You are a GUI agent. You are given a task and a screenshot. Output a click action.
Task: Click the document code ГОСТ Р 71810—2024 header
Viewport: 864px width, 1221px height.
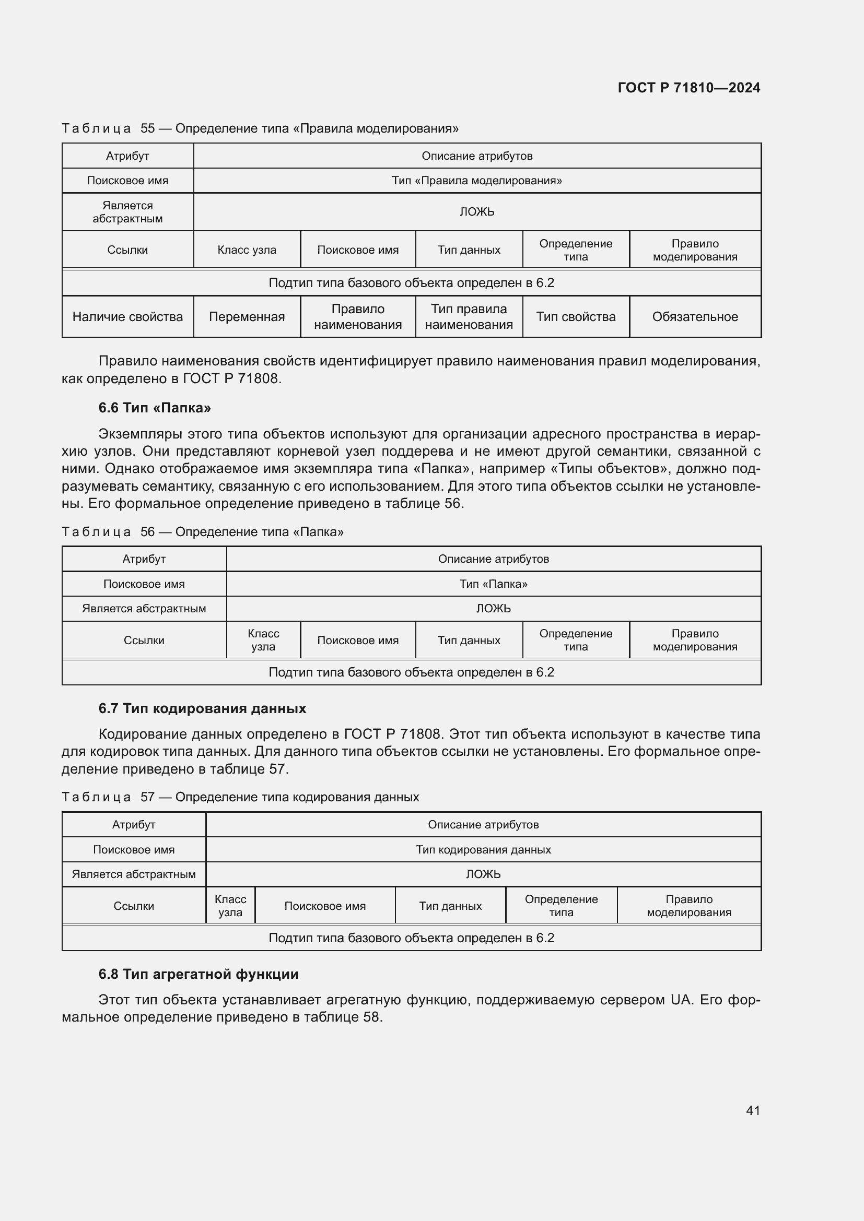(688, 88)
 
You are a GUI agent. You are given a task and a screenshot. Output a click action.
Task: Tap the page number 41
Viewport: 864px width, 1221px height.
(753, 1110)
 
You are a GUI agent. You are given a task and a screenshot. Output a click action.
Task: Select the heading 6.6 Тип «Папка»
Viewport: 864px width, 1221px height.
(154, 408)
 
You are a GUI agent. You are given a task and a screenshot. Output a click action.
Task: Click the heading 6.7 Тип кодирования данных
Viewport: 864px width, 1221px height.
(202, 708)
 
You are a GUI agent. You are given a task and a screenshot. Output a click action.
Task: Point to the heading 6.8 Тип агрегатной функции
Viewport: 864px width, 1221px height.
(199, 974)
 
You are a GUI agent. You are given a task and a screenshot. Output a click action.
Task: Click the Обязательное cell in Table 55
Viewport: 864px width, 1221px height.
(695, 317)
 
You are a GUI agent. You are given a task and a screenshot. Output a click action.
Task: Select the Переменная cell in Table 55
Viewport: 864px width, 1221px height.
(247, 317)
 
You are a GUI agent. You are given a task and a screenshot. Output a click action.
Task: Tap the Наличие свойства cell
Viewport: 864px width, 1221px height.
(127, 317)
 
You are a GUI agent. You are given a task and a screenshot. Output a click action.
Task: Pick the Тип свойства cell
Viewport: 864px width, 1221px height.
(576, 317)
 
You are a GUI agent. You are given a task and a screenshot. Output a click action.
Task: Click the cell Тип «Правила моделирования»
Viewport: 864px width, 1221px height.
(477, 181)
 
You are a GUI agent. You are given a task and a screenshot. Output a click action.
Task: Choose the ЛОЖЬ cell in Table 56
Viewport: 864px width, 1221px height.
(493, 608)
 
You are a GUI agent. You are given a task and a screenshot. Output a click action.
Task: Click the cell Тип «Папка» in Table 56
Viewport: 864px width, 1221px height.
(493, 584)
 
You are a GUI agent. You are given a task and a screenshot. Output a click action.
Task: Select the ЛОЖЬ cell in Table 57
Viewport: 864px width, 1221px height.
(483, 874)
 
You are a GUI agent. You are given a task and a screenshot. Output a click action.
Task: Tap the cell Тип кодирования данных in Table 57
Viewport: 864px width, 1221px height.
(483, 850)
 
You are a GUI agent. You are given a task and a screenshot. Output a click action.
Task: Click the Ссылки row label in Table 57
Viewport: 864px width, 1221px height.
(134, 906)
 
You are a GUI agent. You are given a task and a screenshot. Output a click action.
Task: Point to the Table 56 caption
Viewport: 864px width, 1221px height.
(202, 532)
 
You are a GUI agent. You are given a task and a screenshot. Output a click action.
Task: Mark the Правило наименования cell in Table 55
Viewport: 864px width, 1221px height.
(357, 317)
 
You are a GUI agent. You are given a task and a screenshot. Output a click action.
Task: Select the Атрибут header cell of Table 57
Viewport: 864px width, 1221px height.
(134, 825)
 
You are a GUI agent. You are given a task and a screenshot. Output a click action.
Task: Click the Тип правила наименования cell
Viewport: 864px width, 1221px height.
(469, 317)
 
